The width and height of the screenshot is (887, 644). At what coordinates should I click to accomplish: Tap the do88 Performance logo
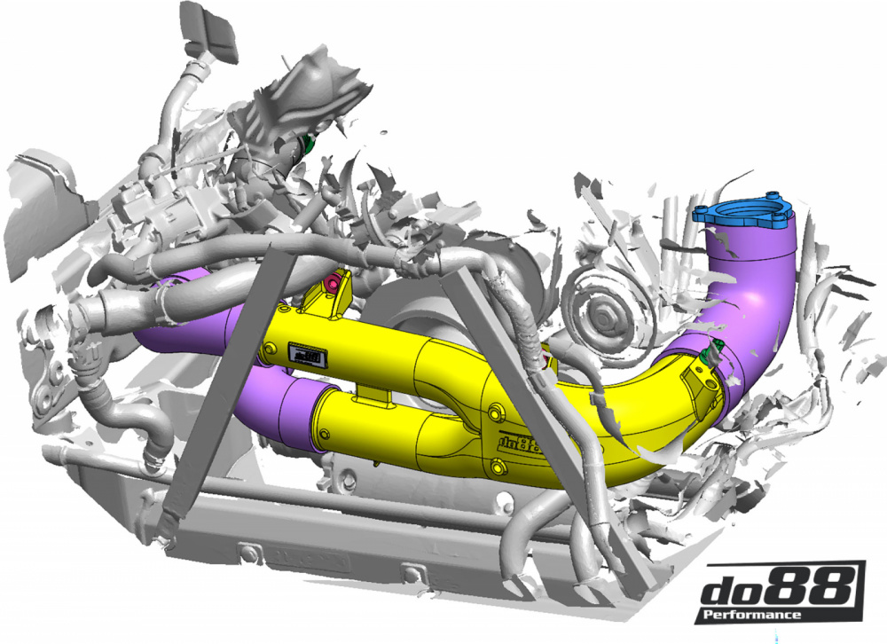(781, 591)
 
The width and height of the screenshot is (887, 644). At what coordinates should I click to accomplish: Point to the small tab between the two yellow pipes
(378, 393)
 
